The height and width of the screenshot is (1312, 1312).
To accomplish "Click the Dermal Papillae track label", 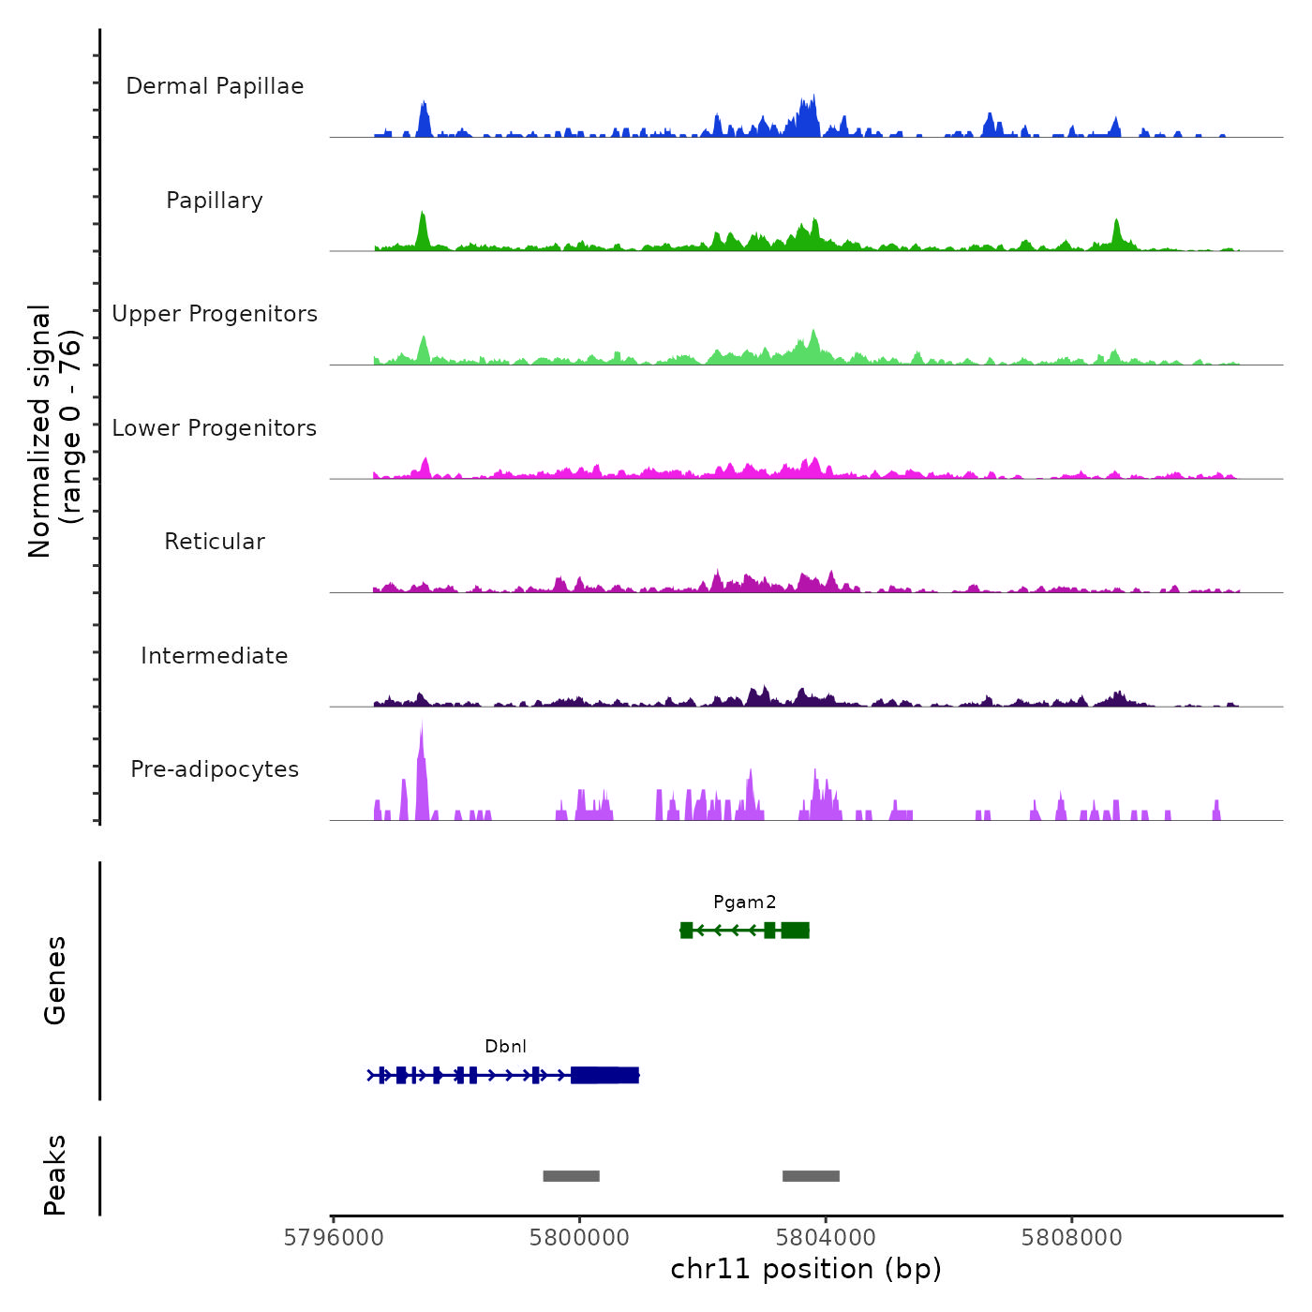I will pos(215,86).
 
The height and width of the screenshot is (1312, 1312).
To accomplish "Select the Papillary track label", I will pos(215,201).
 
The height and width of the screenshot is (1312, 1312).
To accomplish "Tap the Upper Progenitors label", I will pos(215,314).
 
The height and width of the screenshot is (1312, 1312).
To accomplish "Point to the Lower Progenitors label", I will pos(215,428).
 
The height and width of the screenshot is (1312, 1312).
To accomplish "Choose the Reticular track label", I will pos(215,542).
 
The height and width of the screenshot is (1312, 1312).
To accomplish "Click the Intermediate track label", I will pos(215,656).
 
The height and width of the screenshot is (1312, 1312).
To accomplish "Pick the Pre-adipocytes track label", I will pos(215,769).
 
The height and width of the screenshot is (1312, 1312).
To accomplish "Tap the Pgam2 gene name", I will pos(745,902).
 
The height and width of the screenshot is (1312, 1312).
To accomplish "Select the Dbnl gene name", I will pos(506,1047).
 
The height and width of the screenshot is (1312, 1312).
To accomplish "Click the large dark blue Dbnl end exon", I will pos(604,1075).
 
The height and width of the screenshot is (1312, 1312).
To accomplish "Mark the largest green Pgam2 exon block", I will pos(795,930).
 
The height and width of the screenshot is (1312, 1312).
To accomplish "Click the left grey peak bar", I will pos(571,1176).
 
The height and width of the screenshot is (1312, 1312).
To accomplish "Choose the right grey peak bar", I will pos(811,1176).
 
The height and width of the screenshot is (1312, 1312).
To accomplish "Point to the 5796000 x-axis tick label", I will pos(334,1238).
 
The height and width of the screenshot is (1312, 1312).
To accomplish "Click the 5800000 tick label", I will pos(579,1238).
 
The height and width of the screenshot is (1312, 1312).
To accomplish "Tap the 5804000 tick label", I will pos(826,1238).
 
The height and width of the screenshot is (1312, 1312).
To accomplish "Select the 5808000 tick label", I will pos(1072,1238).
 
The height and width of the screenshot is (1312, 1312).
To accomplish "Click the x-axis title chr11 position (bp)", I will pos(806,1270).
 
